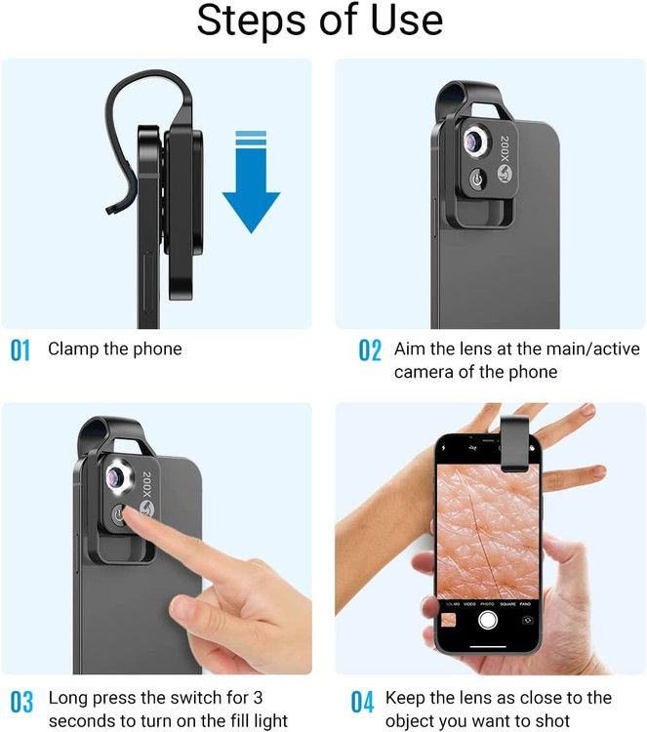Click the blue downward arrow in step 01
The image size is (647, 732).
click(x=251, y=183)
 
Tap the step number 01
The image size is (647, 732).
click(x=20, y=350)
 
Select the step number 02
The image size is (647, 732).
click(x=370, y=350)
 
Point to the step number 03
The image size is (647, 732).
click(x=21, y=702)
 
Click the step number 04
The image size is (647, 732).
click(x=362, y=702)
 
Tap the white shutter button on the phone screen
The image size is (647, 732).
click(x=488, y=620)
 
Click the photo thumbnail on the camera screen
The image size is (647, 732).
click(x=448, y=621)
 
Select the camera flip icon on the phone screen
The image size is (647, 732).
click(x=528, y=621)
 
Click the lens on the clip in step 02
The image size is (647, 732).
click(x=476, y=141)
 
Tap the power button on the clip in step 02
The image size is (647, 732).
click(x=476, y=180)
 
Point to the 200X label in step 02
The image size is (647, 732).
click(x=505, y=149)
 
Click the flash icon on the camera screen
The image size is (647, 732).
click(x=443, y=448)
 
